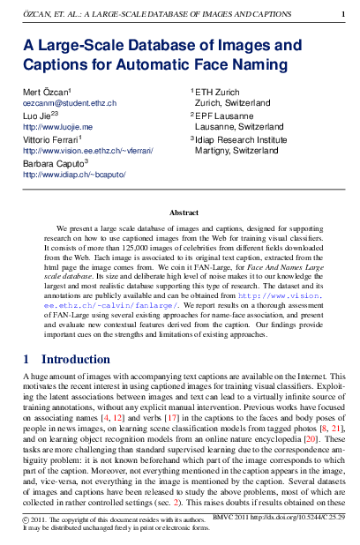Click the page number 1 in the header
tap(343, 15)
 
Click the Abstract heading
tap(184, 213)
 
